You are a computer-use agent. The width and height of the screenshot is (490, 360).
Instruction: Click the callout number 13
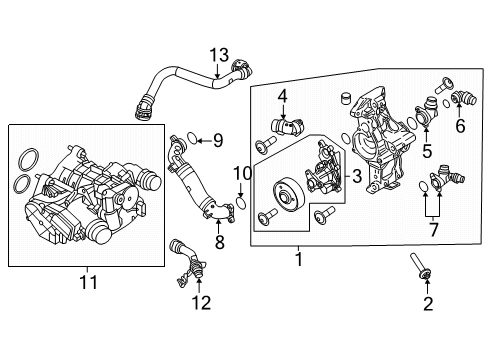click(x=219, y=55)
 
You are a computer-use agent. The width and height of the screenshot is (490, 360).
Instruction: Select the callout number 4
click(x=283, y=96)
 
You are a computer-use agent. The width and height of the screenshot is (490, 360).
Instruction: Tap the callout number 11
click(x=89, y=282)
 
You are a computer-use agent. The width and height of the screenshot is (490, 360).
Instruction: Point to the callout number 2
click(x=428, y=304)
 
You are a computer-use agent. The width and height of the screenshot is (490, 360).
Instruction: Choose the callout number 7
click(x=433, y=230)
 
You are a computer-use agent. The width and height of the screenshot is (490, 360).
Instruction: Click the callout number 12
click(x=201, y=303)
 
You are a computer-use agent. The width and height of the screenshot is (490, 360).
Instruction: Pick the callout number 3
click(x=357, y=176)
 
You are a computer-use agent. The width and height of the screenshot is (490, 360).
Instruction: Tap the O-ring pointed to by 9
click(x=191, y=138)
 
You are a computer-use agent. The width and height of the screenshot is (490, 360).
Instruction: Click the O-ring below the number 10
click(x=241, y=203)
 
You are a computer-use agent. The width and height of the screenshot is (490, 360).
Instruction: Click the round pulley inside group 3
click(x=288, y=196)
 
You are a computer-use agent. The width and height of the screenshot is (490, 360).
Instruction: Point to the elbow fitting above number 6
click(x=464, y=97)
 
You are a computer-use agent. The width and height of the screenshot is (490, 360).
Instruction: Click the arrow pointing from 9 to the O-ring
click(x=204, y=141)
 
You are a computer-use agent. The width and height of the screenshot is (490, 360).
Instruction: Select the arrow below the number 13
click(x=217, y=71)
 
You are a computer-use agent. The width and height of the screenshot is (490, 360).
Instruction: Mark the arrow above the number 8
click(x=218, y=226)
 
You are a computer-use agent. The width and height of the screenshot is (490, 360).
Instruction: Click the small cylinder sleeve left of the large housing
click(x=347, y=98)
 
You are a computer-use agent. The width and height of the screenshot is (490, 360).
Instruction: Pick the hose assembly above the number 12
click(x=188, y=263)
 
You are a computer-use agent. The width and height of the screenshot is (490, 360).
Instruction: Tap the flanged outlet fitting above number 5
click(x=426, y=112)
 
